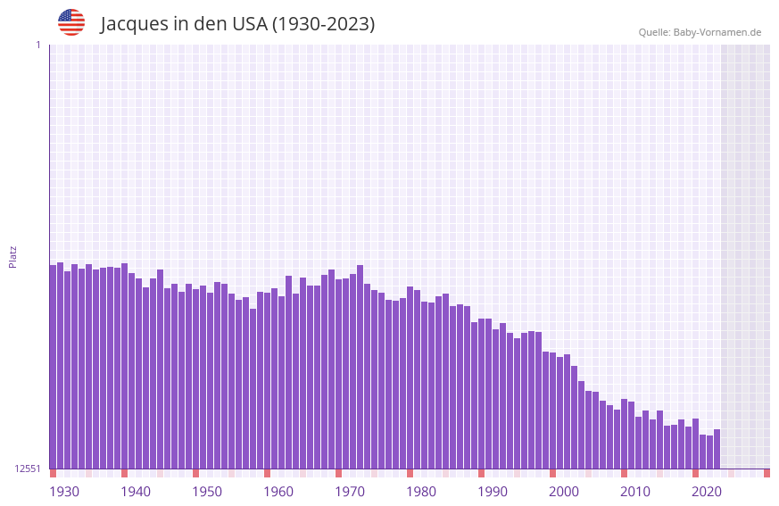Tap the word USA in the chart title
tap(249, 24)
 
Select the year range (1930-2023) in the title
tap(323, 24)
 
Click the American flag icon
tap(71, 22)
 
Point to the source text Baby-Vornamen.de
tap(717, 32)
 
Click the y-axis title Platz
tap(12, 257)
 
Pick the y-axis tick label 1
tap(38, 45)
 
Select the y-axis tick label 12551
tap(28, 469)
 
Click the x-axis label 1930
tap(64, 492)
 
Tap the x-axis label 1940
tap(136, 492)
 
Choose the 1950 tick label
tap(207, 492)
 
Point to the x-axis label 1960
tap(278, 492)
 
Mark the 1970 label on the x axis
tap(350, 492)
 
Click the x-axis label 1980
tap(421, 492)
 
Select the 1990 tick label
tap(493, 492)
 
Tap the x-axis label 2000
tap(564, 492)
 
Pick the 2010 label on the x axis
tap(635, 492)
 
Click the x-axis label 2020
tap(707, 492)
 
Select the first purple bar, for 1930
tap(53, 366)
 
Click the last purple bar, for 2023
tap(717, 449)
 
